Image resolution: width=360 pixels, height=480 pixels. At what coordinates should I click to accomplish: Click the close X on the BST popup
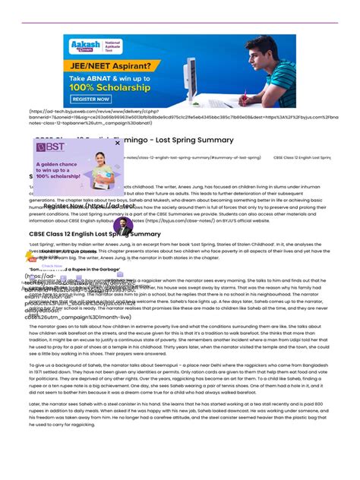tap(118, 142)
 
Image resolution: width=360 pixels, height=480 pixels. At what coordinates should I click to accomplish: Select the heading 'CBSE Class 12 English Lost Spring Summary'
tap(95, 234)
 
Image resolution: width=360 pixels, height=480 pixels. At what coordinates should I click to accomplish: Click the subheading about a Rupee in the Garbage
tap(76, 270)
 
